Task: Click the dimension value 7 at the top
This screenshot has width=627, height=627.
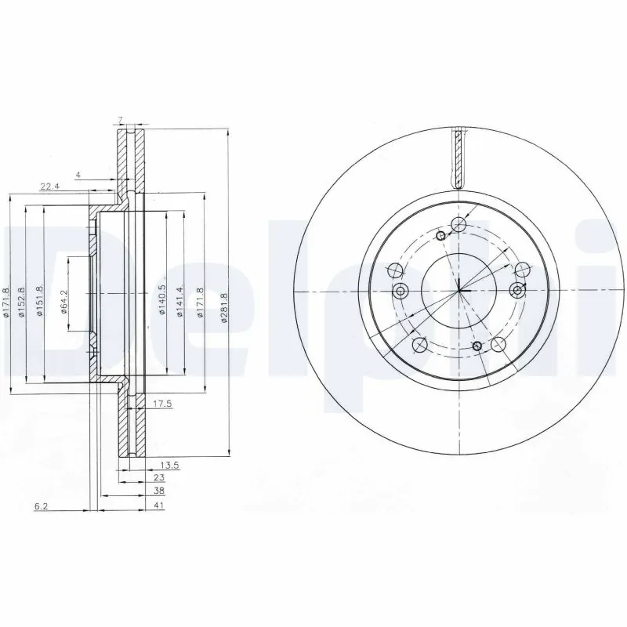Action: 120,119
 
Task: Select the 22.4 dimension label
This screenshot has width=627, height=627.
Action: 50,185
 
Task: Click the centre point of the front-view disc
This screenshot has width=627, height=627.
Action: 459,292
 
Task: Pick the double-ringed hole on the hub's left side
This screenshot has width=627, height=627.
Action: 401,292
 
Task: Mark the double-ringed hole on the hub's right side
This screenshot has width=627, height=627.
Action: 516,292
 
